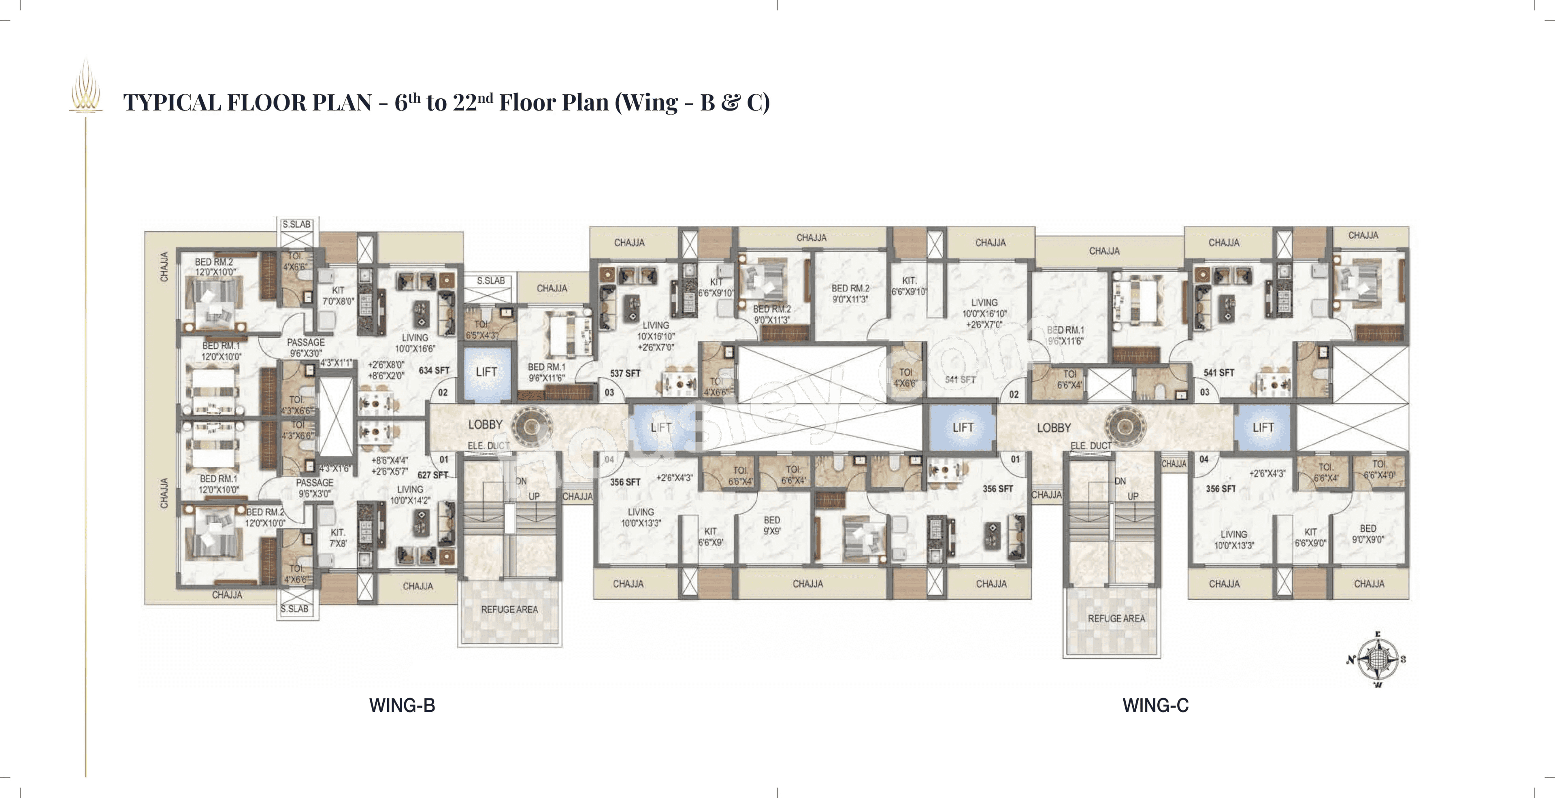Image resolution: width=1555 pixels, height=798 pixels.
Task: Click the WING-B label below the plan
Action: point(402,705)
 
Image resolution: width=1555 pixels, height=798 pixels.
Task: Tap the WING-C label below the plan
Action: point(1155,705)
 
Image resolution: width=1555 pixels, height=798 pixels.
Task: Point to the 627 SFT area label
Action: point(432,475)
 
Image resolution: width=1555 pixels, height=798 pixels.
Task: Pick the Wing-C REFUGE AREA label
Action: point(1116,619)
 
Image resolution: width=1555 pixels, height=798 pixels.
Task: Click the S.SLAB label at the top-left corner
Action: point(296,224)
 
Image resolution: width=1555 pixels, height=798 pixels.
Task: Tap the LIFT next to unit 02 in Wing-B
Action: point(486,372)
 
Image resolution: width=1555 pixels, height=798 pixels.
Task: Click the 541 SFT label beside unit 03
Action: point(1218,372)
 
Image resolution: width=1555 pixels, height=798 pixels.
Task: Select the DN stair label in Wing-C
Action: point(1120,481)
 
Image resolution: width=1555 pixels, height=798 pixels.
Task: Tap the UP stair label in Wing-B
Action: point(534,496)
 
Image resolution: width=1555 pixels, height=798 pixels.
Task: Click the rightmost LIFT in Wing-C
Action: point(1263,428)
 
